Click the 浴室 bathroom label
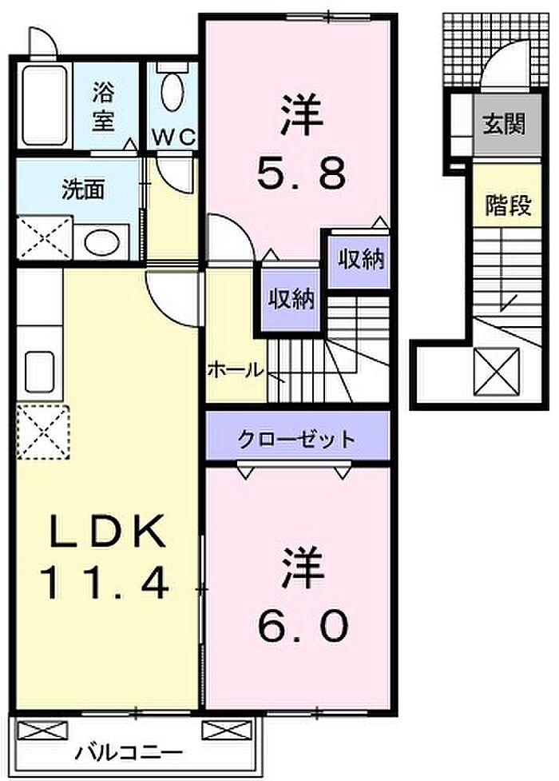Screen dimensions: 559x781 pyautogui.click(x=102, y=106)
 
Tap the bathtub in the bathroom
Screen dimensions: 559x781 pyautogui.click(x=45, y=105)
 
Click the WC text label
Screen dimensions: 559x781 pyautogui.click(x=174, y=137)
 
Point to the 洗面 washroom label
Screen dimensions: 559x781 pyautogui.click(x=83, y=189)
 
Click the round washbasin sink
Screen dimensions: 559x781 pyautogui.click(x=101, y=242)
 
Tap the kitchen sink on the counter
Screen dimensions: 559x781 pyautogui.click(x=39, y=371)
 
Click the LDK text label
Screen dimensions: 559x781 pyautogui.click(x=106, y=532)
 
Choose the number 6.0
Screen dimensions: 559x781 pyautogui.click(x=303, y=626)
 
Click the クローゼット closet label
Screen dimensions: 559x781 pyautogui.click(x=297, y=440)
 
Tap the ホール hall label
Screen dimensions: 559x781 pyautogui.click(x=235, y=369)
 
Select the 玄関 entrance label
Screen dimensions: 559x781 pyautogui.click(x=505, y=124)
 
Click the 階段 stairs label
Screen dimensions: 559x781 pyautogui.click(x=508, y=205)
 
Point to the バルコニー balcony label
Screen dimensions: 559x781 pyautogui.click(x=129, y=752)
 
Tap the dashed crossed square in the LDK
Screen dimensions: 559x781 pyautogui.click(x=43, y=432)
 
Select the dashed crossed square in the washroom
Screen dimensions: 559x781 pyautogui.click(x=45, y=237)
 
